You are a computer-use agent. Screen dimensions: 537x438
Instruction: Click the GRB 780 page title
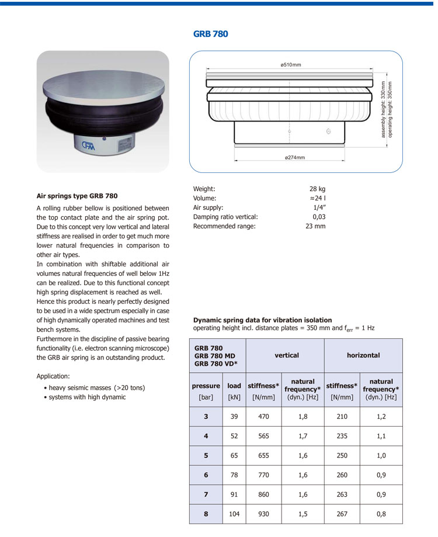pos(210,34)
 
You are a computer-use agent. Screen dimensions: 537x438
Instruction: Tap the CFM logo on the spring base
pos(87,144)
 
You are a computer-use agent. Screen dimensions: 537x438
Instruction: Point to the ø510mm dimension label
pos(290,64)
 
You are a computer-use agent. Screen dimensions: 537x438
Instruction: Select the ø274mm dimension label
pos(295,157)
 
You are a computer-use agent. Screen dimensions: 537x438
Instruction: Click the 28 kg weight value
pos(317,189)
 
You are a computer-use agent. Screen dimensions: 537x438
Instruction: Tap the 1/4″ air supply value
pos(319,207)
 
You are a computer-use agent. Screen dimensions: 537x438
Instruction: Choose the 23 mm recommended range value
pos(315,226)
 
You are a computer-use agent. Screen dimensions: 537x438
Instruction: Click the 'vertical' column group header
pos(287,355)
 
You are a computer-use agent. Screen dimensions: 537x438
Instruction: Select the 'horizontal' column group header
pos(363,355)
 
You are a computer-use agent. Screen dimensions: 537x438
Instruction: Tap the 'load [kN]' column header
pos(234,391)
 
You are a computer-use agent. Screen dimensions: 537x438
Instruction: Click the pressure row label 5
pos(206,456)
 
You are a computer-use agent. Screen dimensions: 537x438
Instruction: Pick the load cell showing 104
pos(234,514)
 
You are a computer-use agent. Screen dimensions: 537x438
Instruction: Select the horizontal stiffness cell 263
pos(342,494)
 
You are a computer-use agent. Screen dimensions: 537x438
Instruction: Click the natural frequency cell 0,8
pos(381,514)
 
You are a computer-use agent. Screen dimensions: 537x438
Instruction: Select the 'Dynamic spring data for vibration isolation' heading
pos(262,320)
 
